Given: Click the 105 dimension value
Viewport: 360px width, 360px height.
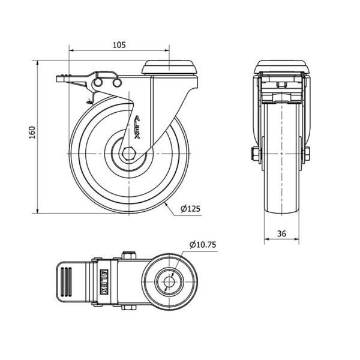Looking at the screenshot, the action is point(119,45).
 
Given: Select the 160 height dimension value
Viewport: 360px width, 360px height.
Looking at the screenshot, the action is point(32,133).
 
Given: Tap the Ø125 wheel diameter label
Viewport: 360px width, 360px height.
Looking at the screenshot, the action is point(190,209).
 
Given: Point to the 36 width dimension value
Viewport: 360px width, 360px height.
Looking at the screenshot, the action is point(282,233).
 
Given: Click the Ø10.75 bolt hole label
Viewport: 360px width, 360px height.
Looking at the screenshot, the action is point(203,245).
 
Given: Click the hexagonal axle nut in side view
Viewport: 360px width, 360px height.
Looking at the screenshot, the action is point(129,154).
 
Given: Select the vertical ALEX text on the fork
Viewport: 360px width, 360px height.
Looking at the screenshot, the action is point(137,127).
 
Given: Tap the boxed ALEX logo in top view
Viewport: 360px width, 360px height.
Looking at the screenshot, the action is point(104,282).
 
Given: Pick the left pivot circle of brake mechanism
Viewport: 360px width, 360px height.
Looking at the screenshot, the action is point(98,82).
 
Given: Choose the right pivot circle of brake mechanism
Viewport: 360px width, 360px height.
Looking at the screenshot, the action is point(117,83).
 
